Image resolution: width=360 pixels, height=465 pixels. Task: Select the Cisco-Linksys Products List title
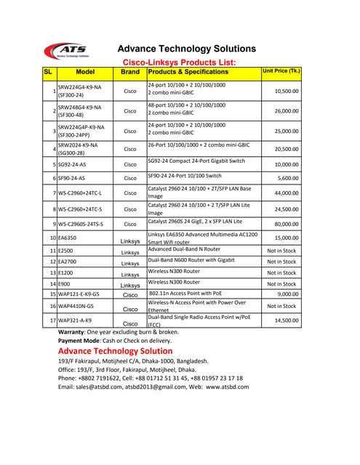pyautogui.click(x=178, y=63)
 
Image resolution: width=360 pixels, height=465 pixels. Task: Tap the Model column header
pyautogui.click(x=86, y=73)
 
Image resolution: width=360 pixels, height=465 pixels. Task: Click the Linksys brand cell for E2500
pyautogui.click(x=130, y=253)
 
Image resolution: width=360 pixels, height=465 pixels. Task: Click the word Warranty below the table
pyautogui.click(x=73, y=331)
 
